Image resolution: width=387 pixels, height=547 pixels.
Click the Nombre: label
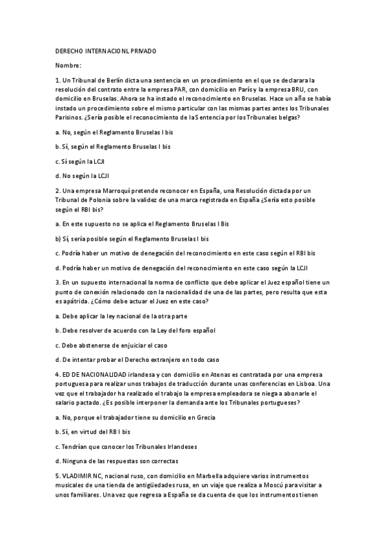[68, 65]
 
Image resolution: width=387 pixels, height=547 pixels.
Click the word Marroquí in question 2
[114, 190]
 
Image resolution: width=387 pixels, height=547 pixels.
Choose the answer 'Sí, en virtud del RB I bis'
[93, 432]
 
